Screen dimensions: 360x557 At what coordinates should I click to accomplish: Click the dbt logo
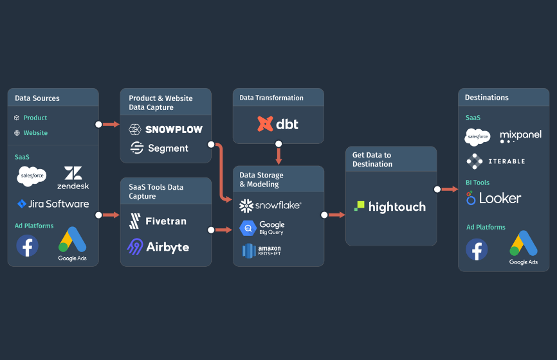pyautogui.click(x=278, y=123)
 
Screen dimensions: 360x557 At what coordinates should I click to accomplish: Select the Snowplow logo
pyautogui.click(x=166, y=129)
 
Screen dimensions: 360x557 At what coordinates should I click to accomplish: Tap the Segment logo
pyautogui.click(x=160, y=148)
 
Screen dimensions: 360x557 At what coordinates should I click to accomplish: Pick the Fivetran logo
pyautogui.click(x=158, y=221)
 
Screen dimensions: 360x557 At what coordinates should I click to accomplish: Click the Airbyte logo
pyautogui.click(x=158, y=247)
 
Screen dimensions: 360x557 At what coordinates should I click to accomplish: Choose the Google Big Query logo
pyautogui.click(x=262, y=228)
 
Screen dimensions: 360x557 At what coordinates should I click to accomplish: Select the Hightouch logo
pyautogui.click(x=390, y=206)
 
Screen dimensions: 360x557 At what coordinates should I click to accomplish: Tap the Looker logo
pyautogui.click(x=494, y=198)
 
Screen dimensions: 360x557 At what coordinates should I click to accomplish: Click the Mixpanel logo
pyautogui.click(x=520, y=136)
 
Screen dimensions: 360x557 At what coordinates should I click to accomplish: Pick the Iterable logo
pyautogui.click(x=496, y=161)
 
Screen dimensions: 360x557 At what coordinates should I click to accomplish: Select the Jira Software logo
pyautogui.click(x=53, y=204)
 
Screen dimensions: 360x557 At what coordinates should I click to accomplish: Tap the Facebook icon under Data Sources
pyautogui.click(x=27, y=246)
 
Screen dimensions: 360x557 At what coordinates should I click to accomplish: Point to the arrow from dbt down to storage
pyautogui.click(x=278, y=155)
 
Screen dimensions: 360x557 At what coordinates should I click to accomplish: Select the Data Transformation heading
pyautogui.click(x=271, y=98)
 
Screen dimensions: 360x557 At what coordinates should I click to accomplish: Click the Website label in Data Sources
pyautogui.click(x=35, y=133)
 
